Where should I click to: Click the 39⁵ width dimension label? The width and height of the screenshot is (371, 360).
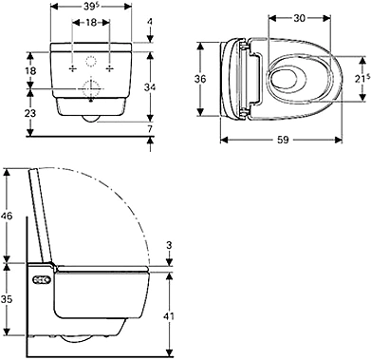(91, 7)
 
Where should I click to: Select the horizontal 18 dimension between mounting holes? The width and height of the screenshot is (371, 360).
(91, 23)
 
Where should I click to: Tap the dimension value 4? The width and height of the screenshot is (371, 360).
(150, 21)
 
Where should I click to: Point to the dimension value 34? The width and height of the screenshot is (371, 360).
(150, 86)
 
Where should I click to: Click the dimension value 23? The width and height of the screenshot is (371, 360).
(30, 113)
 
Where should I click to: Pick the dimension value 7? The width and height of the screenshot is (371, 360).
(150, 128)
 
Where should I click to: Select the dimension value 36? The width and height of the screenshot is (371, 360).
(200, 79)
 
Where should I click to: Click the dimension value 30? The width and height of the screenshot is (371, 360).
(299, 19)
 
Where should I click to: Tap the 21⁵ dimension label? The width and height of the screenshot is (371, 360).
(362, 80)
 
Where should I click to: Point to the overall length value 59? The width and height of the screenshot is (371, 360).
(283, 140)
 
